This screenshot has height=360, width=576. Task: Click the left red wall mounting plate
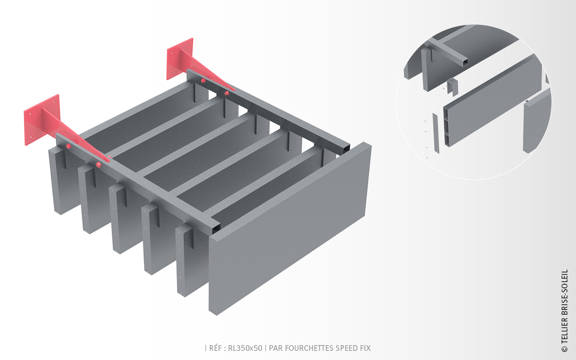coord(41,120)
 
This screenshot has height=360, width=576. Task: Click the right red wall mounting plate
coord(180,59)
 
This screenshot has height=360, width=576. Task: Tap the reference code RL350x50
coord(245,348)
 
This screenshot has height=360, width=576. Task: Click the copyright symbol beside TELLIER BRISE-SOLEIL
coord(564,349)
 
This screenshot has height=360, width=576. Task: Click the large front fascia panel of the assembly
coord(290,229)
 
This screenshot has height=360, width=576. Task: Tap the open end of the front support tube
coord(216,228)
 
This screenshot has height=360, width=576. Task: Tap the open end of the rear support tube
coord(346,149)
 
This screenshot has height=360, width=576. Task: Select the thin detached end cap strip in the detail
coord(436,133)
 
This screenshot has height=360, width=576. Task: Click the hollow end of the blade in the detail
coord(447,127)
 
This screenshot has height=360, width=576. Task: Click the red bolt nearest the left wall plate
coord(68,146)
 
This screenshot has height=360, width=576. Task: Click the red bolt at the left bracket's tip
coord(98,165)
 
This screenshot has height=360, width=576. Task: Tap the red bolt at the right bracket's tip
coord(227,93)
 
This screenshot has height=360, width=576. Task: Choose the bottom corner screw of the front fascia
coord(213,312)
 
